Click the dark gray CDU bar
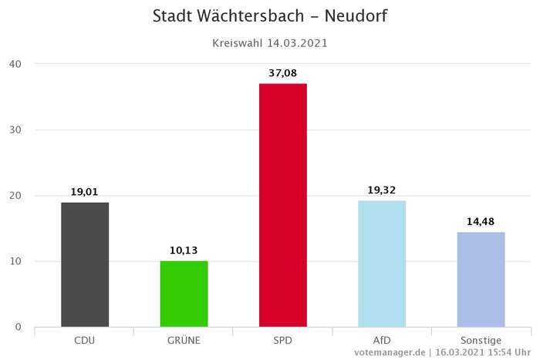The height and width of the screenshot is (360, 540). tap(85, 264)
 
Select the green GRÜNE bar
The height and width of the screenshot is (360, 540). tap(184, 294)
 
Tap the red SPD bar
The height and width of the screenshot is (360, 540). tap(283, 205)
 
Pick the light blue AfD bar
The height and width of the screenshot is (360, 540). tap(382, 264)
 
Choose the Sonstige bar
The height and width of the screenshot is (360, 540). tap(481, 279)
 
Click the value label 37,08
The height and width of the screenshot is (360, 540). tap(283, 72)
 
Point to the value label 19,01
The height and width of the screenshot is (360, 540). tap(85, 192)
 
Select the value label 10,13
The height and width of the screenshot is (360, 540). tap(184, 251)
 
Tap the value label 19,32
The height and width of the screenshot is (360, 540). tap(382, 190)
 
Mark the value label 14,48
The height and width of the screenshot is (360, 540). tap(481, 222)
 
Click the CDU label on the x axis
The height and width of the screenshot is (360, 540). tap(85, 340)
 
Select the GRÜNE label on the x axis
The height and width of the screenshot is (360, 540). tap(184, 340)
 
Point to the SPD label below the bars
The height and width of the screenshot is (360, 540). tap(283, 340)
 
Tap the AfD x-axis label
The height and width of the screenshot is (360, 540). tap(382, 340)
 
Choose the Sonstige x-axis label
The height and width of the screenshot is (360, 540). tap(481, 340)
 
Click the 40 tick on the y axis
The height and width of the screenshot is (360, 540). tap(15, 63)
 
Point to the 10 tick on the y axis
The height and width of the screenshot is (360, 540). tap(15, 261)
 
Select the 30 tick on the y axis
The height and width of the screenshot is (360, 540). tap(15, 130)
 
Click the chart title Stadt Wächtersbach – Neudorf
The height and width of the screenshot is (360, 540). tap(270, 16)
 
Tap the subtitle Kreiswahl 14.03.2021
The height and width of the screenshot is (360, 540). tap(270, 43)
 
